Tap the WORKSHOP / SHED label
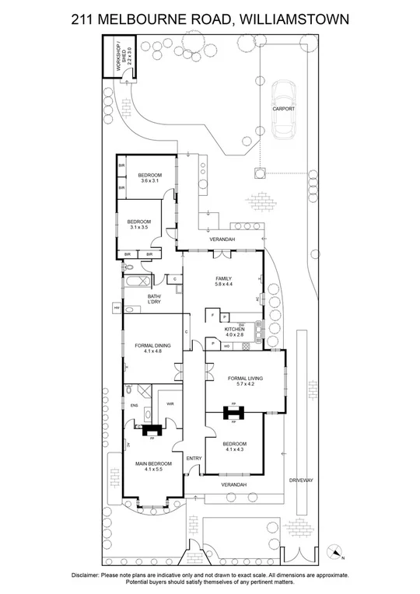tap(125, 60)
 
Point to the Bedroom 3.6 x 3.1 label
tap(149, 178)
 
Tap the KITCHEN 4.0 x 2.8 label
tap(235, 332)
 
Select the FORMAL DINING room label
tap(152, 348)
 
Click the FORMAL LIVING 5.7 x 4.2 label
tap(246, 380)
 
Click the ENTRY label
tap(194, 458)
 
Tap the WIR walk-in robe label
tap(170, 404)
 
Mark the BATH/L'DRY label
tap(154, 299)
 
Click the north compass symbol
tap(335, 553)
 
